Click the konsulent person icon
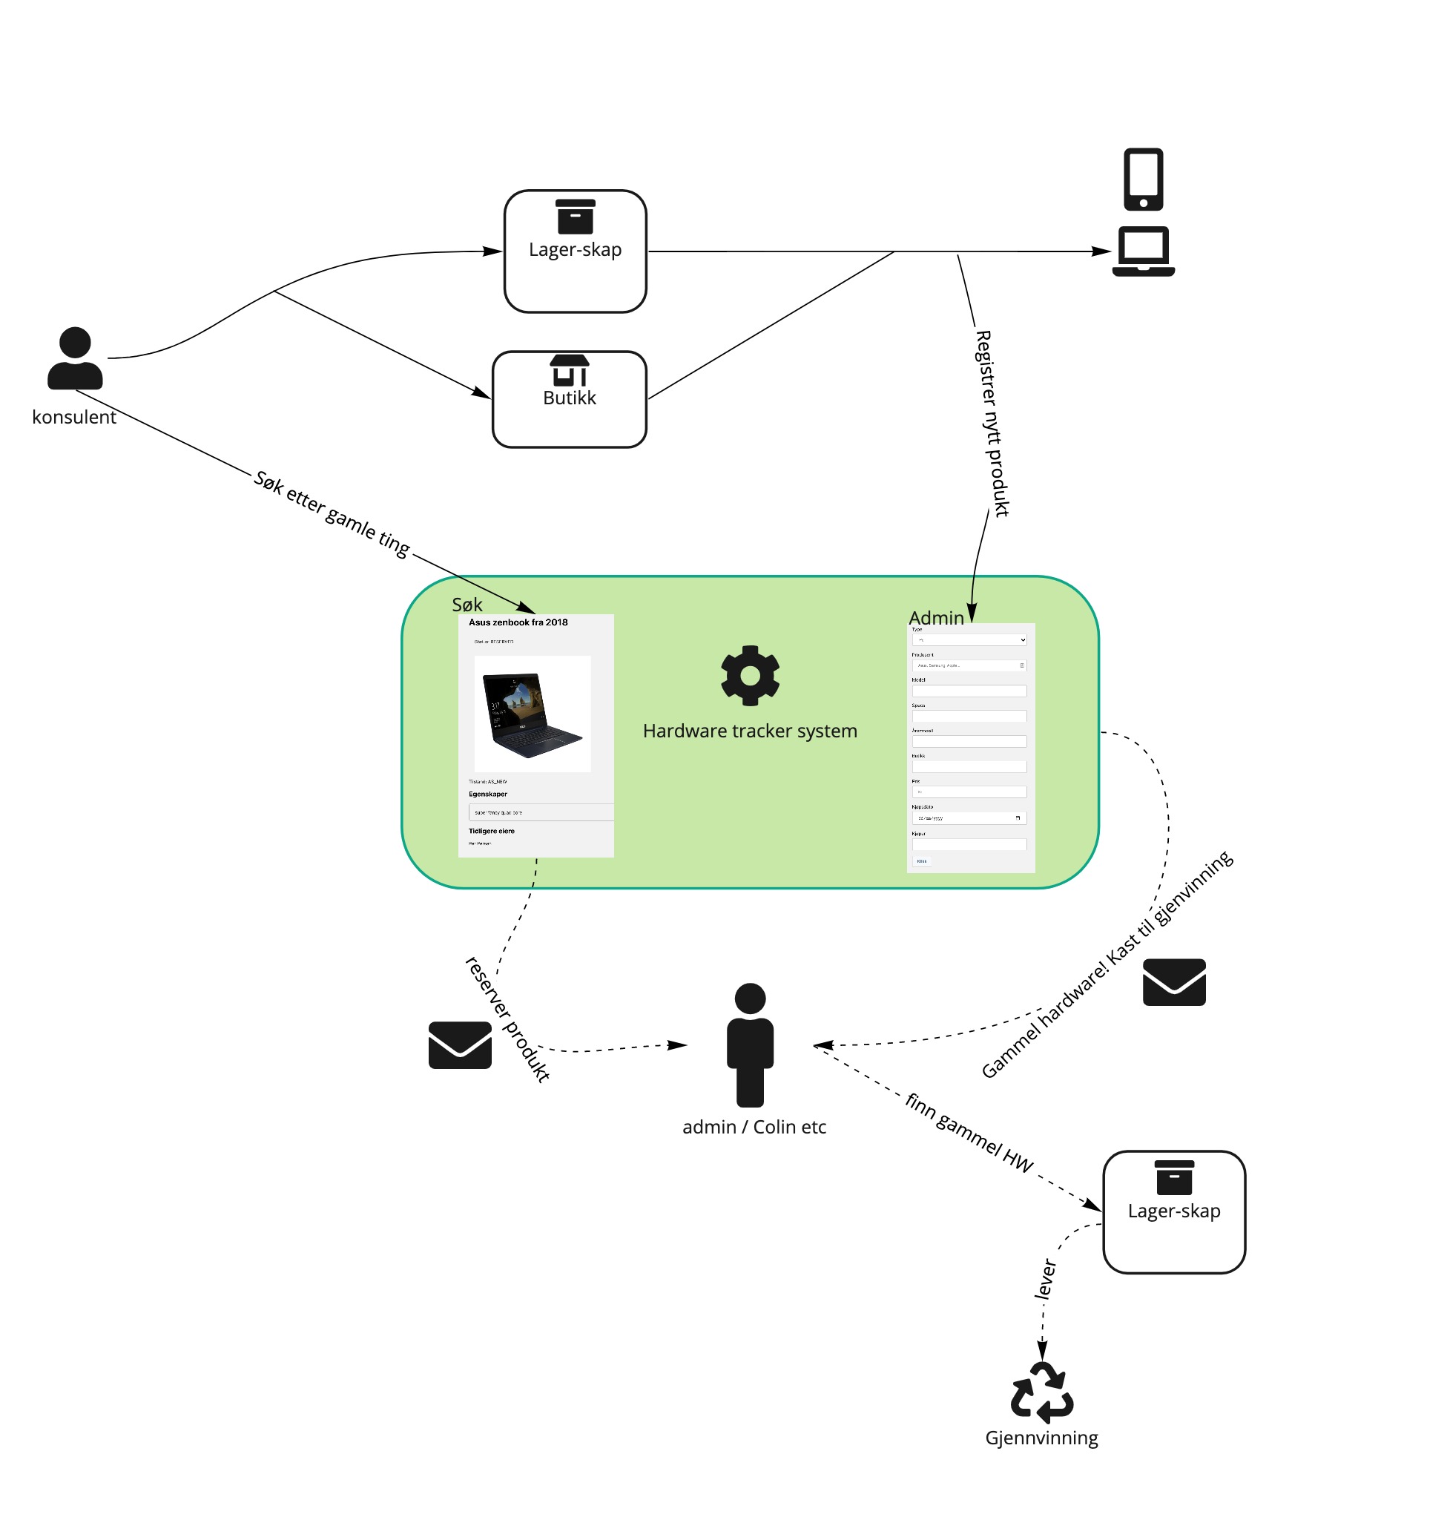click(x=75, y=358)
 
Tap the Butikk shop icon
click(x=570, y=370)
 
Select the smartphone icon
click(x=1143, y=179)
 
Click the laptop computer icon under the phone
click(x=1143, y=251)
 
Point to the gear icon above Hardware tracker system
click(x=750, y=675)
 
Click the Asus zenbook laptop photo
click(x=533, y=714)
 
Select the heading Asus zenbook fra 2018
click(x=518, y=622)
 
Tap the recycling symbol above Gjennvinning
click(x=1042, y=1392)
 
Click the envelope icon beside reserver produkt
click(x=460, y=1044)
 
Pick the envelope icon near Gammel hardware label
click(x=1174, y=981)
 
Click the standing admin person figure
click(x=750, y=1044)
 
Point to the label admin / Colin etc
click(x=754, y=1128)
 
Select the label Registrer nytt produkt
click(x=992, y=424)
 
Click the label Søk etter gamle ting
click(x=332, y=513)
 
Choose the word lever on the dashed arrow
click(x=1045, y=1278)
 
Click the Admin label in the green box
click(x=937, y=618)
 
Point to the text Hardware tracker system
click(x=750, y=731)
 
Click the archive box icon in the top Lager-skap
click(x=576, y=217)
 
